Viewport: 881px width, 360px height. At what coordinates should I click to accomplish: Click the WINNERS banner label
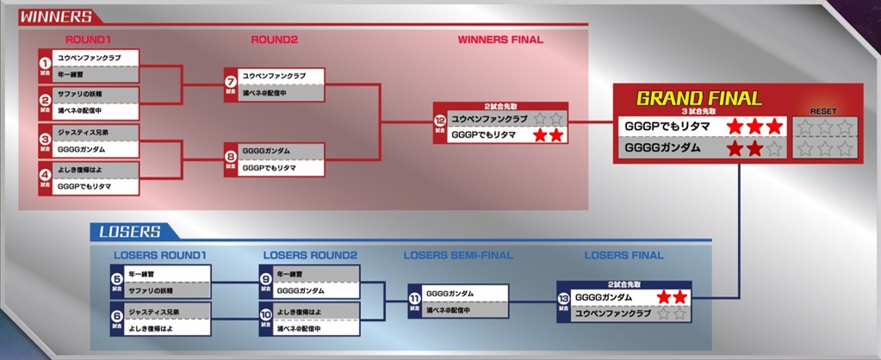[55, 16]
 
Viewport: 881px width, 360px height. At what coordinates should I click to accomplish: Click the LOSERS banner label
[130, 231]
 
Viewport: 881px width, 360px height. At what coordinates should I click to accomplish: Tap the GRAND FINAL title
[698, 98]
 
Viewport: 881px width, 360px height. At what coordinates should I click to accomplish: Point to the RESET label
[824, 111]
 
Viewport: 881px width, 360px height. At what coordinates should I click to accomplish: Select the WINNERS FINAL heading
[500, 40]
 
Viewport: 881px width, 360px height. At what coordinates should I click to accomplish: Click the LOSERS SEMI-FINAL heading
[457, 255]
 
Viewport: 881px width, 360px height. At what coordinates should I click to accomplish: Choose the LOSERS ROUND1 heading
[159, 255]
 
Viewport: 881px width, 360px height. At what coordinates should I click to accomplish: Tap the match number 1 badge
[46, 63]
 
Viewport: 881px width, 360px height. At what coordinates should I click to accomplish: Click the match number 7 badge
[231, 83]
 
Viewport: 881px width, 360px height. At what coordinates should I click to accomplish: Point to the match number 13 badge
[564, 298]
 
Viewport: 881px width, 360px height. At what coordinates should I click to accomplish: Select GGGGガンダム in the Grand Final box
[662, 148]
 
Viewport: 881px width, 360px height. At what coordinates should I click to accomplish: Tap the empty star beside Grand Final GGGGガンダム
[774, 149]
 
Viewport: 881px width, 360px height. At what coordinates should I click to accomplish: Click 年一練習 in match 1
[71, 75]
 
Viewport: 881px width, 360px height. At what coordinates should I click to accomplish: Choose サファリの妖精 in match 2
[79, 94]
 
